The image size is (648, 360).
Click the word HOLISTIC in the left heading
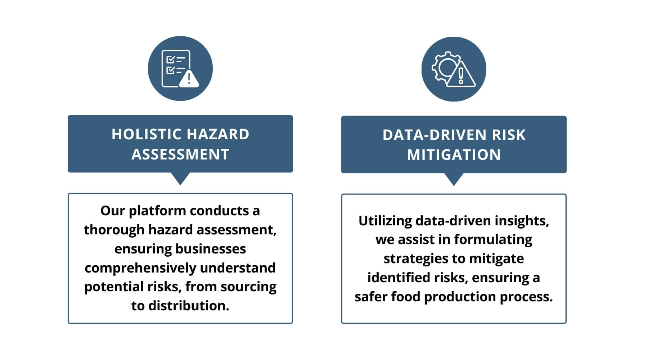(x=147, y=134)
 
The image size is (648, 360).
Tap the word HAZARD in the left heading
(x=218, y=134)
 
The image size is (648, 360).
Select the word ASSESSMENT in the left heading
(x=180, y=154)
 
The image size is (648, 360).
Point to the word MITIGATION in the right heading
(x=454, y=155)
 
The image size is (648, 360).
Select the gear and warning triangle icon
(x=454, y=69)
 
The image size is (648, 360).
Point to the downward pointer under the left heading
(x=180, y=179)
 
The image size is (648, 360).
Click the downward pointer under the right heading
(x=454, y=179)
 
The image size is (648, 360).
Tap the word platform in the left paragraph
(x=157, y=211)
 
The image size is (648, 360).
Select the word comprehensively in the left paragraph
(x=140, y=268)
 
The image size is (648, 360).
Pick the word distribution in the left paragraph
(x=189, y=306)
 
